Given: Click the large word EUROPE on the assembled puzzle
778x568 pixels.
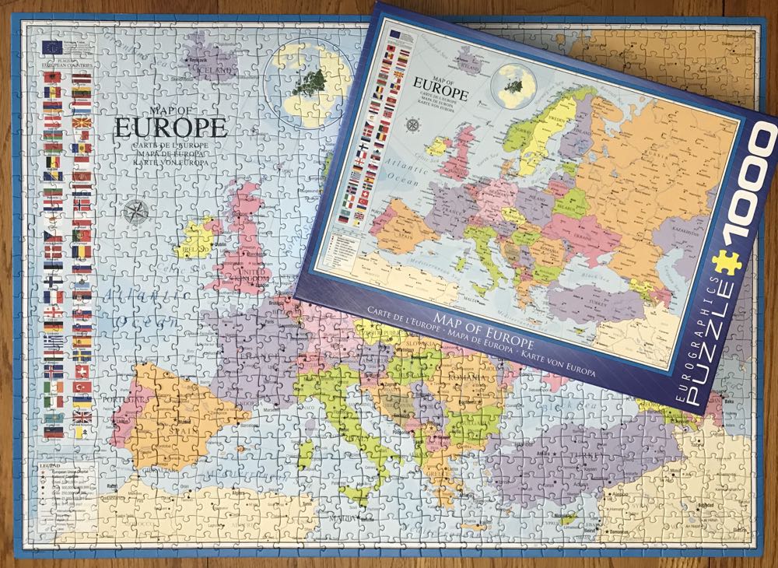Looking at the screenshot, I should (x=171, y=128).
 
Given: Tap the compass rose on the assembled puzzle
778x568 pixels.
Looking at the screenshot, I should (x=137, y=212).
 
